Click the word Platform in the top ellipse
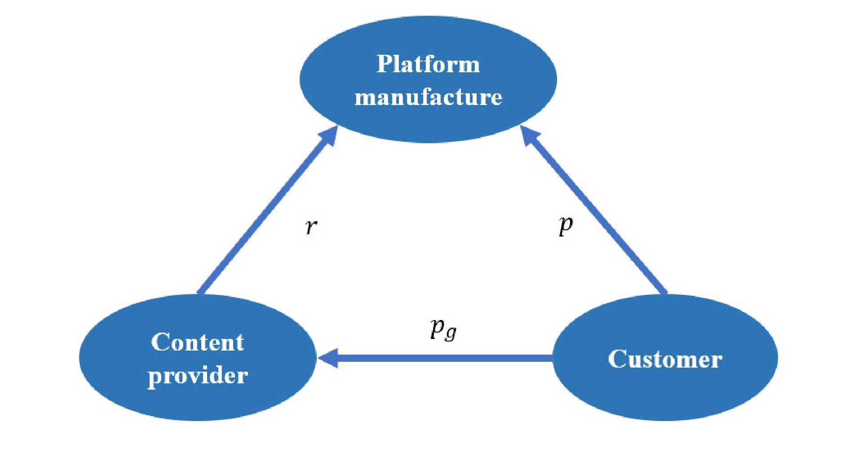pyautogui.click(x=428, y=64)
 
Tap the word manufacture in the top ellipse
pyautogui.click(x=428, y=97)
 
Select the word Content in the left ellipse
pyautogui.click(x=197, y=342)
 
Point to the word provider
pyautogui.click(x=197, y=375)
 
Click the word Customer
pyautogui.click(x=665, y=359)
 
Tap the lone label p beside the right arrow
pyautogui.click(x=566, y=224)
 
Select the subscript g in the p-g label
pyautogui.click(x=451, y=334)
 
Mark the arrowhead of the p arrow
pyautogui.click(x=529, y=136)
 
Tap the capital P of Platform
pyautogui.click(x=385, y=64)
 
